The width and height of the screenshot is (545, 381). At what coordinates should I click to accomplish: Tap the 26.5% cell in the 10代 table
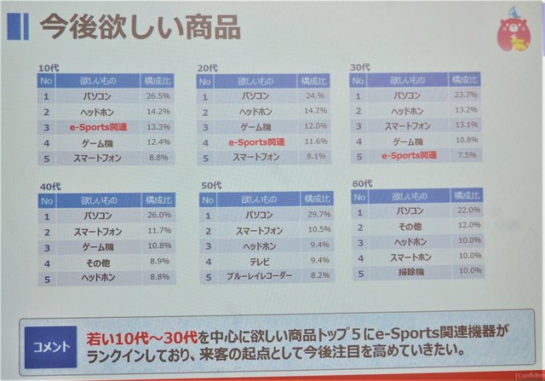tap(158, 95)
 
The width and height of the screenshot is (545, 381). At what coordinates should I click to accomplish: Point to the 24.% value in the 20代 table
tap(313, 95)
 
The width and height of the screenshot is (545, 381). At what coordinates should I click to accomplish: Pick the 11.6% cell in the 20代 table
tap(313, 141)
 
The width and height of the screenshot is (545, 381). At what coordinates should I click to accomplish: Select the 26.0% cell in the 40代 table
tap(158, 216)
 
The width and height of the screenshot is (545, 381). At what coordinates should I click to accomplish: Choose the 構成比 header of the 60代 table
tap(468, 195)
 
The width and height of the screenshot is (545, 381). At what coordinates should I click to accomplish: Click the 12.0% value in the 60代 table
tap(468, 227)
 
